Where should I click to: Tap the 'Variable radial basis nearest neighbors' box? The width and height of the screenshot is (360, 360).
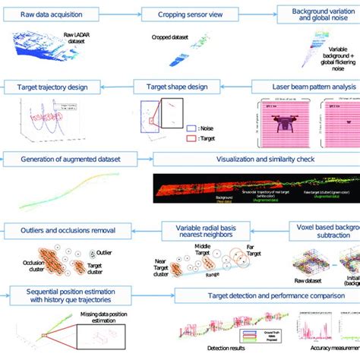pyautogui.click(x=206, y=229)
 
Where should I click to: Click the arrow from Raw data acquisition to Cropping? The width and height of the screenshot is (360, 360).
pyautogui.click(x=128, y=14)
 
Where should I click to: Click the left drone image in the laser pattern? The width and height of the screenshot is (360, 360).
pyautogui.click(x=280, y=122)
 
